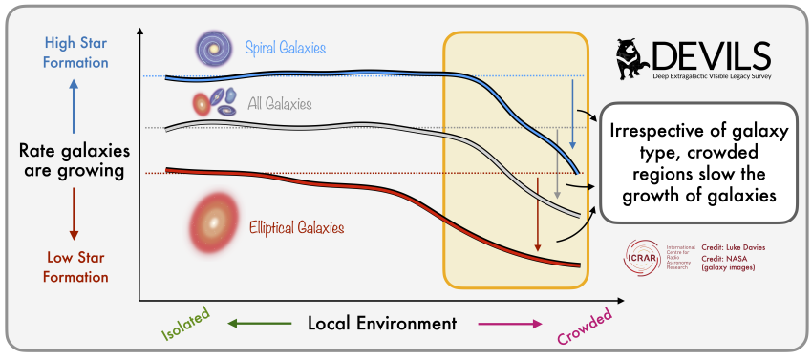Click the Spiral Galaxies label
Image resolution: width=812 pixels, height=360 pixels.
coord(285,48)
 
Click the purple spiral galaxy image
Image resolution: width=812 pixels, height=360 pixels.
coord(213,47)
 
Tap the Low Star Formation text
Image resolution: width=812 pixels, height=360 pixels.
coord(74,266)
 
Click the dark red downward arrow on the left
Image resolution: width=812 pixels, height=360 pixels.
coord(74,215)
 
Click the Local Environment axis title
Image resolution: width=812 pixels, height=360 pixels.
coord(382,323)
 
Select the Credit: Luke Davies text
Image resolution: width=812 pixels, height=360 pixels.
coord(734,247)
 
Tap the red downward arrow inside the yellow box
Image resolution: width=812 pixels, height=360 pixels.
coord(538,226)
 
